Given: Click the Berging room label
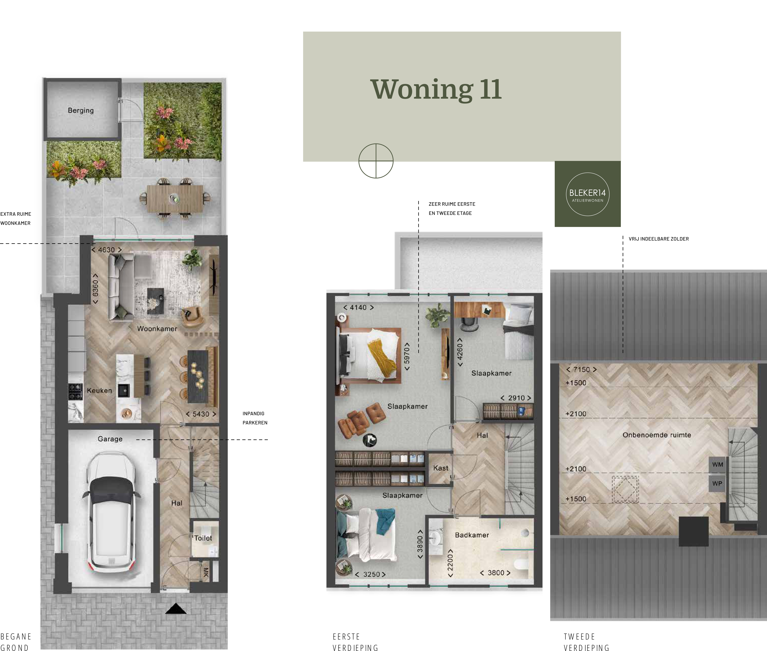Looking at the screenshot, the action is (x=80, y=110).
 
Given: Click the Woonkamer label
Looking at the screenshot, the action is (x=157, y=328).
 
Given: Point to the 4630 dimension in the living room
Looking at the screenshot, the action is (x=106, y=250).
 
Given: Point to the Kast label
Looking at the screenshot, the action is (x=441, y=468).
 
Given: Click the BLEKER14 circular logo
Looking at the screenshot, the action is (x=588, y=194).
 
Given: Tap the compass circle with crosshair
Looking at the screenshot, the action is (x=376, y=161).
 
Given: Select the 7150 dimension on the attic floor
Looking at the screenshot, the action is (x=582, y=369).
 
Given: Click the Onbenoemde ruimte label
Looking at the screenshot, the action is (x=657, y=435).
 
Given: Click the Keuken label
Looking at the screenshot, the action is (x=99, y=390).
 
